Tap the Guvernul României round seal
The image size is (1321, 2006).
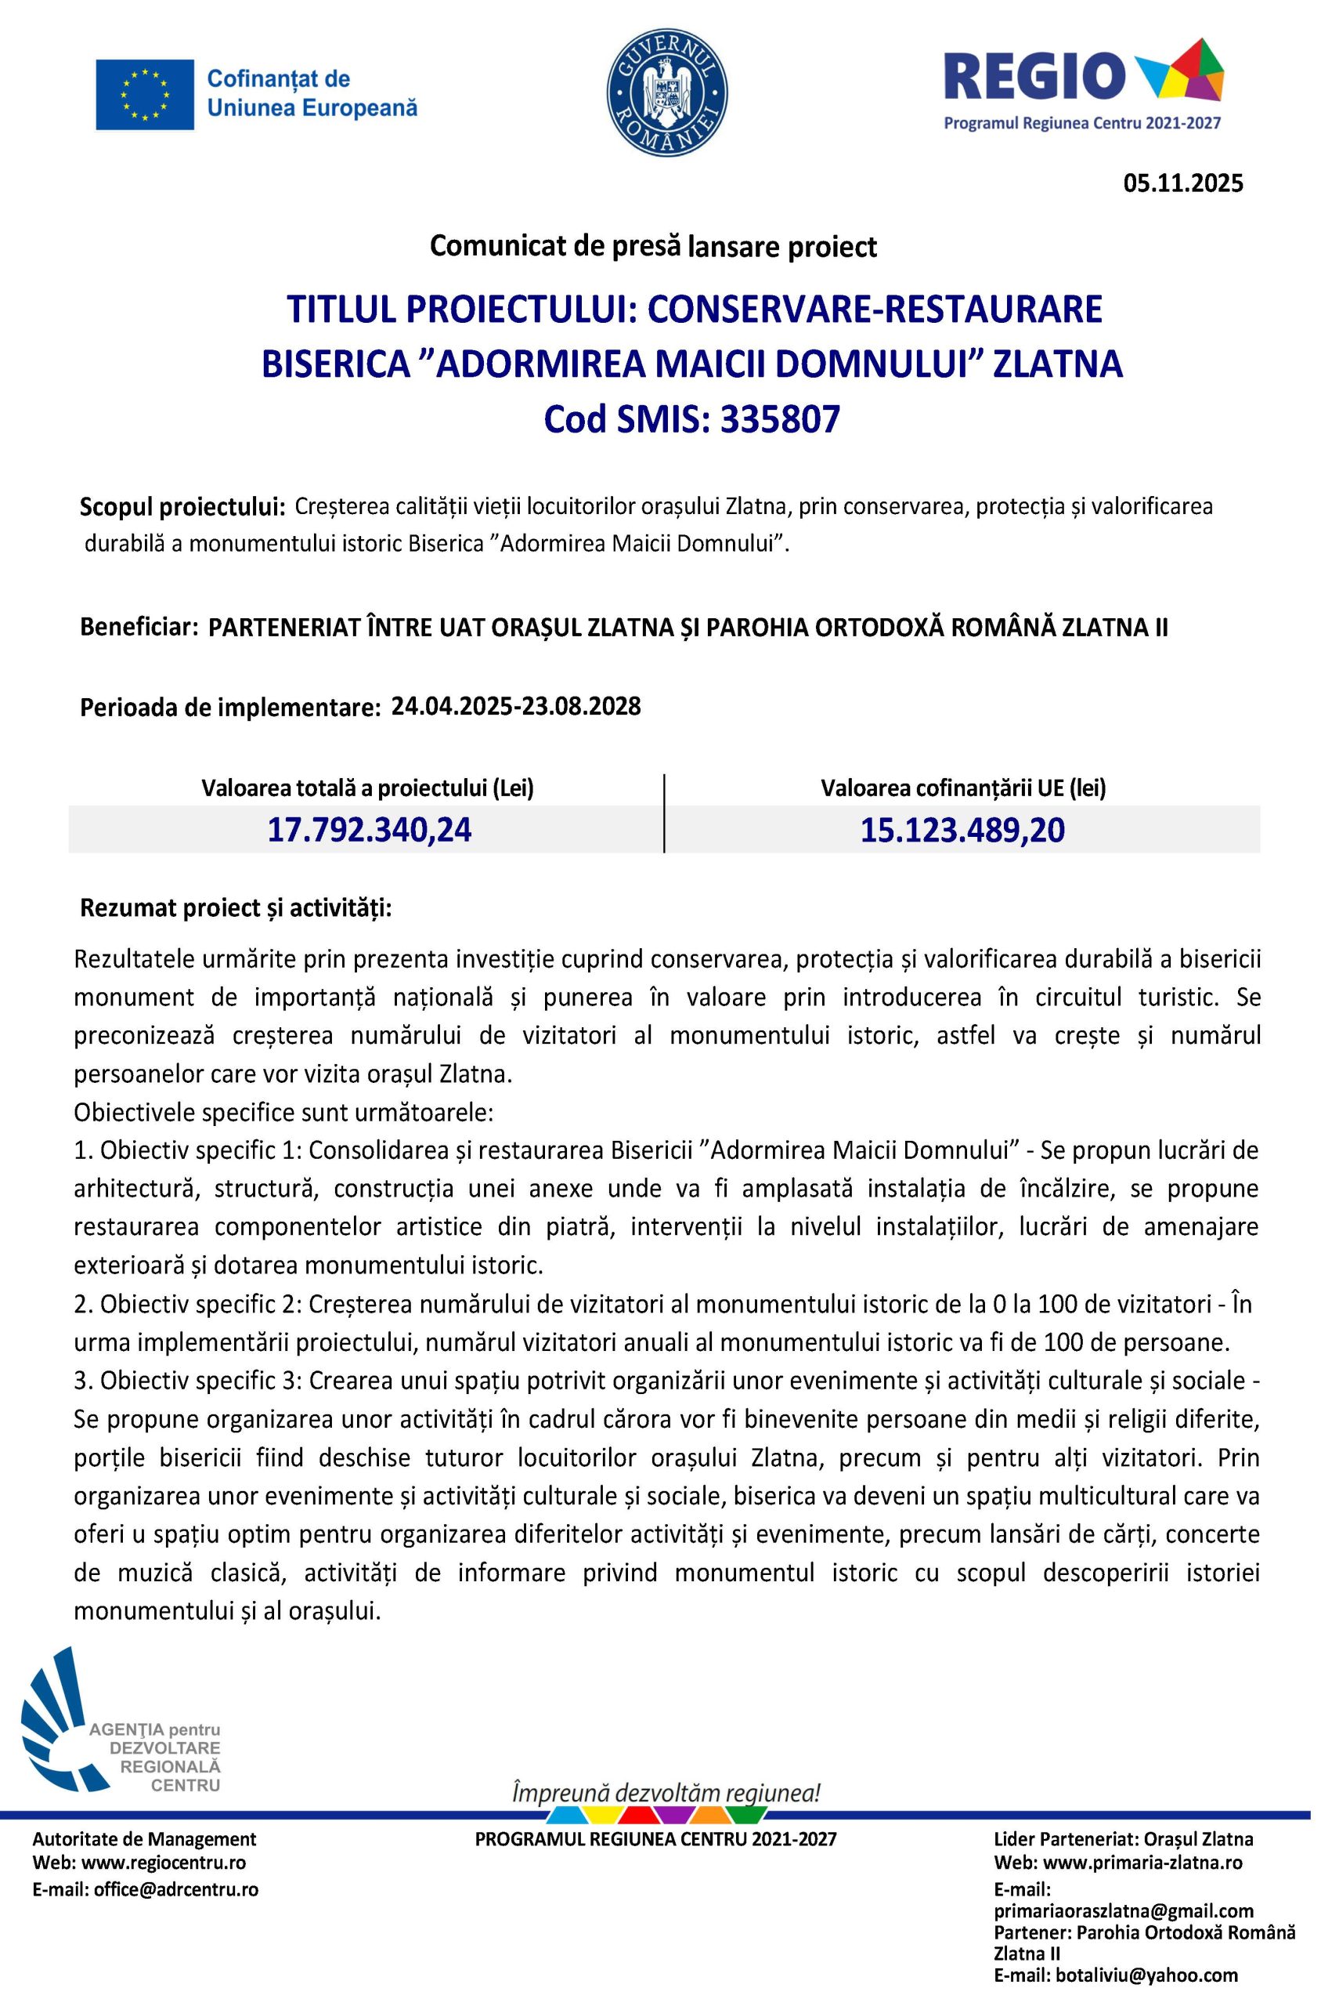[x=666, y=96]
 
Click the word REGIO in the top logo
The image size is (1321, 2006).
[x=1035, y=75]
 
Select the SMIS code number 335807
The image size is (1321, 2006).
[x=779, y=419]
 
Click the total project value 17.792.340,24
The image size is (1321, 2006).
[x=369, y=830]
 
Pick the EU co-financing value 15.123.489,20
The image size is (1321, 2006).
[x=962, y=830]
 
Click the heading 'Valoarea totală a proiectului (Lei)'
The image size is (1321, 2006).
[x=367, y=788]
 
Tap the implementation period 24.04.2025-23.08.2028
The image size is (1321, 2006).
[x=515, y=705]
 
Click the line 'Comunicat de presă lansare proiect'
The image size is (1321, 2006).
[x=653, y=246]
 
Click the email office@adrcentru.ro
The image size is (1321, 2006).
[x=176, y=1888]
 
